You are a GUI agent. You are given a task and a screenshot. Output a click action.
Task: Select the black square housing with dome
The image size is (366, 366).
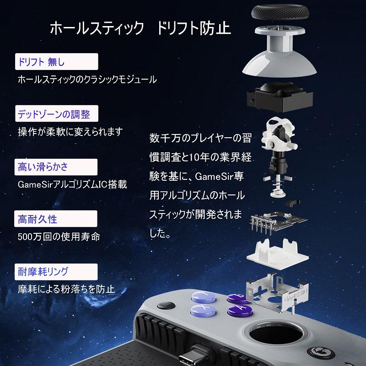point(279,97)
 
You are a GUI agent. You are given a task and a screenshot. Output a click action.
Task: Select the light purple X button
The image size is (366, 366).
point(201,310)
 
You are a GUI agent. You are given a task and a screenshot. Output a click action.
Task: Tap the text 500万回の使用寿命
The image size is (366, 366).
point(58,237)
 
